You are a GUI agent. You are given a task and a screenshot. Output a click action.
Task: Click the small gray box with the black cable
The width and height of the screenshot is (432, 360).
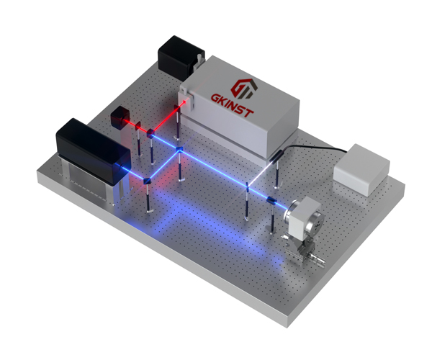tap(361, 165)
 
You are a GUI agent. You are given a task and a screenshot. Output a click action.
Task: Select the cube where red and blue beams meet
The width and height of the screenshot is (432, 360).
tap(150, 133)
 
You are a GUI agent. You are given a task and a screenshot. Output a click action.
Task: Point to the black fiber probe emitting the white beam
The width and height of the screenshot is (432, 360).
tap(275, 155)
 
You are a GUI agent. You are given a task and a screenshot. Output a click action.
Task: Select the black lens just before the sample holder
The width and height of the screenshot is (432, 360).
tap(271, 200)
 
